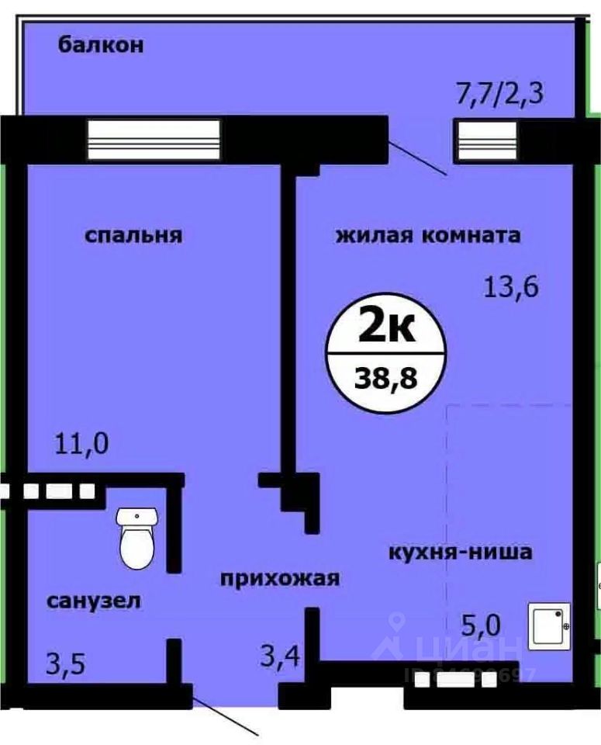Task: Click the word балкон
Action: pos(101,45)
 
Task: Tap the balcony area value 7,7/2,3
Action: pos(499,96)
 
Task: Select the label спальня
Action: pos(133,235)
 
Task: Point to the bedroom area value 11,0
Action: pos(81,445)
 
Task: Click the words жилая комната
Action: pos(427,235)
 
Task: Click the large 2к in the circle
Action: pos(385,329)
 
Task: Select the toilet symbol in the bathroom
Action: pos(138,537)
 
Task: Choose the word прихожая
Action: pos(280,578)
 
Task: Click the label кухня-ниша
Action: pos(460,553)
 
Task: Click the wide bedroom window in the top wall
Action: pos(154,140)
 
